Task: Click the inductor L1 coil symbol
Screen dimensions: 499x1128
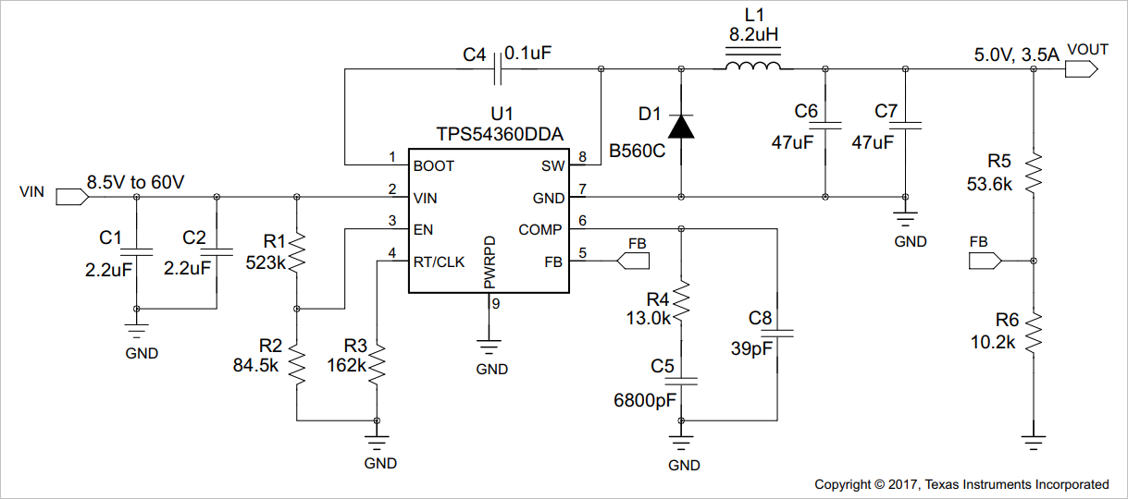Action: (x=752, y=67)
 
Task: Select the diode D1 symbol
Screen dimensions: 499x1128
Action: (x=682, y=126)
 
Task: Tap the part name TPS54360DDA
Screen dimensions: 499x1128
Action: (x=500, y=135)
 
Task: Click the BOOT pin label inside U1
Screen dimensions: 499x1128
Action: (x=434, y=166)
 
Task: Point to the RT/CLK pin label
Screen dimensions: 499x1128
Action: (x=439, y=262)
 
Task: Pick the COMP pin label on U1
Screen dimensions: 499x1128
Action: (x=539, y=229)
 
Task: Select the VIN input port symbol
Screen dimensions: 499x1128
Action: (x=70, y=196)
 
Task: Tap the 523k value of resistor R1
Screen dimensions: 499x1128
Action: (x=266, y=262)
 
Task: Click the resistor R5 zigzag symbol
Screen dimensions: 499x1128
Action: (x=1034, y=170)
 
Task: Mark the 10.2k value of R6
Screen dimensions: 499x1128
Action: (x=992, y=341)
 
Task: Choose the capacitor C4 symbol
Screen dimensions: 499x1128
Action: (x=501, y=67)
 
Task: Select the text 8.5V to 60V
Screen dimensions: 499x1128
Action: (x=135, y=182)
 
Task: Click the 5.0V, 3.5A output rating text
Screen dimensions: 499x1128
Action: (x=1016, y=55)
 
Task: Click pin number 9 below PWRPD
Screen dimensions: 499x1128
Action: (x=496, y=303)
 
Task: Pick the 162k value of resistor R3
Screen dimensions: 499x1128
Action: (x=347, y=364)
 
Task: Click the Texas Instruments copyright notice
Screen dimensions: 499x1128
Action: (x=961, y=484)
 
